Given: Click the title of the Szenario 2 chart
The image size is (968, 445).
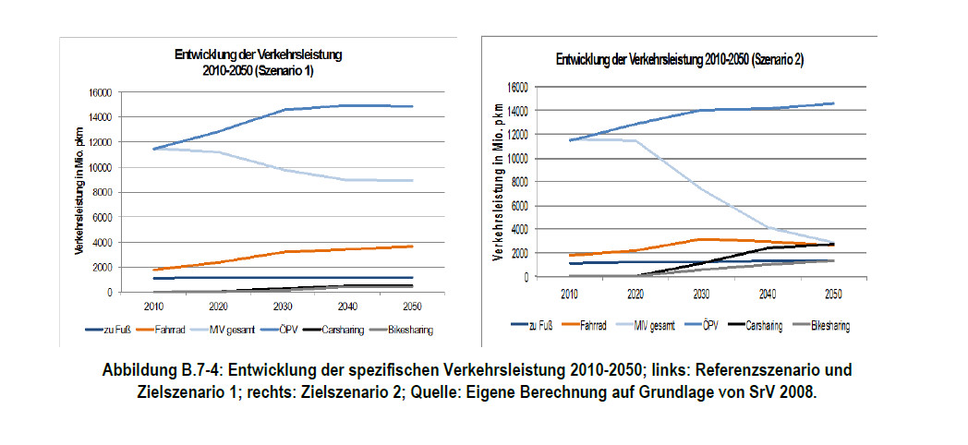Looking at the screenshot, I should [679, 60].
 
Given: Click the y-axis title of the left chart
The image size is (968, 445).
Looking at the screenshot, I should [81, 192].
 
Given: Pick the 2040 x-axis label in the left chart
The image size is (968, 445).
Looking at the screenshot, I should [348, 306].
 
